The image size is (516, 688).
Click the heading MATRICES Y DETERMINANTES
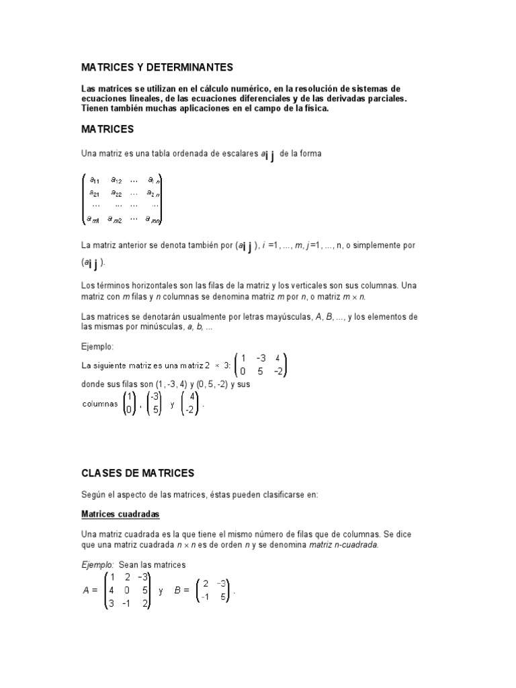tap(157, 67)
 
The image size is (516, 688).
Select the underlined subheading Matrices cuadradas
tap(120, 514)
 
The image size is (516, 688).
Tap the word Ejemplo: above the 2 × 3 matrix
tap(97, 347)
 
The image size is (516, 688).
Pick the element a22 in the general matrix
tap(116, 193)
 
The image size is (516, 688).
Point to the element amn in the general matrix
tap(155, 218)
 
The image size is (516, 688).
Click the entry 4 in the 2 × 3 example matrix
tap(277, 358)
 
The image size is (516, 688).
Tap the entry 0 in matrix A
tap(126, 591)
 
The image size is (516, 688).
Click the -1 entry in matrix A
tap(126, 603)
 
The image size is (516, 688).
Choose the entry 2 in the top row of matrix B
tap(206, 583)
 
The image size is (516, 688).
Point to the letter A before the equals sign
tap(85, 591)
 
